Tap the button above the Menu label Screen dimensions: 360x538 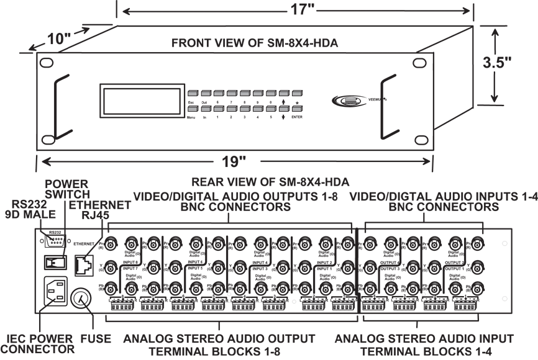click(x=191, y=110)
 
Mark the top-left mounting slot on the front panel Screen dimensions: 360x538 click(x=47, y=63)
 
